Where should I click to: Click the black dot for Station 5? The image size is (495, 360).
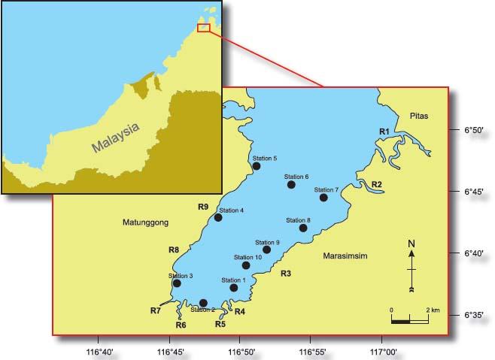[257, 166]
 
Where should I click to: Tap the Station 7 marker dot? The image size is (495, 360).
[323, 198]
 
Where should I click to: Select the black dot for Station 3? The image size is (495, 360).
[177, 283]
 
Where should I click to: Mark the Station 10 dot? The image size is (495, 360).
[246, 265]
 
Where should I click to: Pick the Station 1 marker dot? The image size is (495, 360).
[233, 288]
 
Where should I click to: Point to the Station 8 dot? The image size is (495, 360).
[303, 228]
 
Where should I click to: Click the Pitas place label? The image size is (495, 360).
[420, 116]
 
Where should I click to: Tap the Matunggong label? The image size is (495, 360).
[147, 222]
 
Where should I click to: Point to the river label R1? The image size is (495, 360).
[384, 132]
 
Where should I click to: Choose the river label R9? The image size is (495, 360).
[202, 207]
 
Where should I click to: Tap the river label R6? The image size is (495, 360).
[181, 325]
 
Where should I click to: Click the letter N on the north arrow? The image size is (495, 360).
[411, 244]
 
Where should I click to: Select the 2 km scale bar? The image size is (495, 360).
[410, 321]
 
